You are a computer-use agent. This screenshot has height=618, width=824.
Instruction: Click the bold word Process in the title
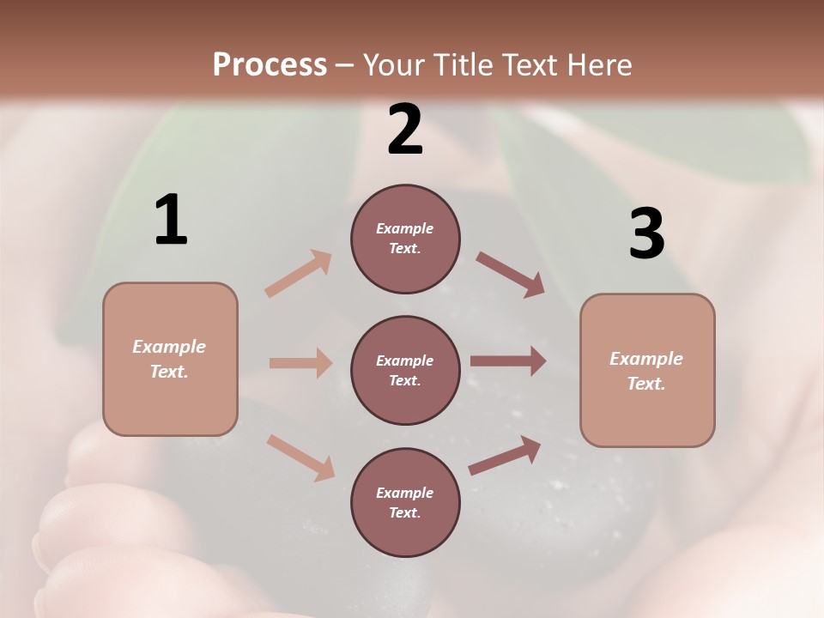(270, 64)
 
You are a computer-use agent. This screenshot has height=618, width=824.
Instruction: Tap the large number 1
(171, 221)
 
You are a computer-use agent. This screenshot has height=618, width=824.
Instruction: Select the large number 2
(405, 129)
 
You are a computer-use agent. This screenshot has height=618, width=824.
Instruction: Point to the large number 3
(646, 233)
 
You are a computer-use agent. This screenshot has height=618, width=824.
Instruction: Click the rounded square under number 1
(170, 359)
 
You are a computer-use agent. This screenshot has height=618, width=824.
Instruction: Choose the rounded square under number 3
(647, 370)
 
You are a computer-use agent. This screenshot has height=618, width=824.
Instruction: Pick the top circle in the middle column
(405, 239)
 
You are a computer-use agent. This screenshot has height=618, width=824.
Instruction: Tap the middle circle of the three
(405, 370)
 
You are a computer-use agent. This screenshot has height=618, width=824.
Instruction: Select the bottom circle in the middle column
(405, 502)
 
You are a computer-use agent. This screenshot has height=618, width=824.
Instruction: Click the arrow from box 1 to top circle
(298, 274)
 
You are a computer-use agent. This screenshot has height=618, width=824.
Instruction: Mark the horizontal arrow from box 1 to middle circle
(300, 363)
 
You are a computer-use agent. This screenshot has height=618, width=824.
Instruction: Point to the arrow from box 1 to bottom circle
(300, 457)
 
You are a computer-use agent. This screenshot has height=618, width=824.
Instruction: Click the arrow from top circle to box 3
(510, 274)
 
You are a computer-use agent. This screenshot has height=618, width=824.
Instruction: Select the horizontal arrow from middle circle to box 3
(508, 361)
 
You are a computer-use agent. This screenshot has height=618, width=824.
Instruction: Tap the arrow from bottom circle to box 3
(505, 456)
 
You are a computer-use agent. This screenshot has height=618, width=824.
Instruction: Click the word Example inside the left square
(169, 347)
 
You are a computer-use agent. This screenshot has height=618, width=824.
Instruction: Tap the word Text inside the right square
(646, 384)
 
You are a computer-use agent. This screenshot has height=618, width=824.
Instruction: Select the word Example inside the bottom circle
(405, 493)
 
